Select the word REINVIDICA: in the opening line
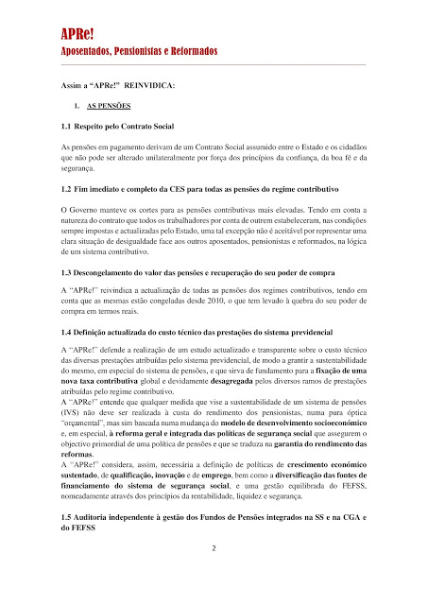pos(147,86)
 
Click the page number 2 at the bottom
pos(214,548)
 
